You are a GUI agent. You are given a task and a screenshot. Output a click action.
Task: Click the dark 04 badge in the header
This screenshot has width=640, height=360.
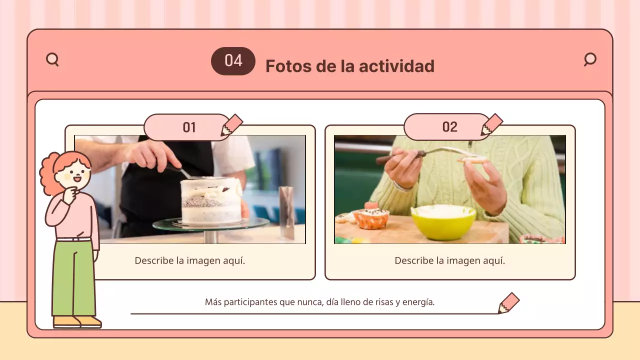pyautogui.click(x=233, y=61)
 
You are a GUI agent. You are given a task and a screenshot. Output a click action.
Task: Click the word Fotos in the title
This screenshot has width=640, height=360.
pyautogui.click(x=285, y=66)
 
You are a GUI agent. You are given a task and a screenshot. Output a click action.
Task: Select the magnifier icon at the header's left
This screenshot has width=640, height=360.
pyautogui.click(x=52, y=60)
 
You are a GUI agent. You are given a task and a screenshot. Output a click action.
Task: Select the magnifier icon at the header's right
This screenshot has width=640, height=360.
pyautogui.click(x=590, y=59)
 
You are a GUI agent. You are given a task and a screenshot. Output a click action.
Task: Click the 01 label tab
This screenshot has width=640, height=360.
pyautogui.click(x=188, y=127)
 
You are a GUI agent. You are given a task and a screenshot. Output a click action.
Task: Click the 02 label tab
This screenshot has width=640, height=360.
pyautogui.click(x=449, y=127)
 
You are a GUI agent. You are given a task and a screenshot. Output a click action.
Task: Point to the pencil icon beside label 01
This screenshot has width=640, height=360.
pyautogui.click(x=232, y=125)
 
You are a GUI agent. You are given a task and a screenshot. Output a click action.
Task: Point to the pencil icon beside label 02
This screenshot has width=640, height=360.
pyautogui.click(x=492, y=125)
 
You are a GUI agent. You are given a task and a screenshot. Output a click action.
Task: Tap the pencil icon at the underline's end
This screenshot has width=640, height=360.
pyautogui.click(x=508, y=303)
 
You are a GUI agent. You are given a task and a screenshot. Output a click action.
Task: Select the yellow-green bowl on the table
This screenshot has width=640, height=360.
pyautogui.click(x=443, y=222)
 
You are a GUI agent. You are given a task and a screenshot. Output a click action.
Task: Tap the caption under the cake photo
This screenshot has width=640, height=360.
pyautogui.click(x=190, y=260)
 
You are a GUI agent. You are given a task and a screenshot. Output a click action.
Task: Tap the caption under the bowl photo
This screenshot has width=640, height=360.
pyautogui.click(x=449, y=260)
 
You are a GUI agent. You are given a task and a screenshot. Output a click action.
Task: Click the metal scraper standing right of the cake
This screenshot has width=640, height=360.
pyautogui.click(x=286, y=212)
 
